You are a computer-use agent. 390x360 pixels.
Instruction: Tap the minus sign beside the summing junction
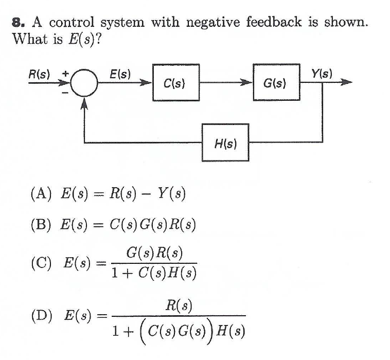click(65, 93)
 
